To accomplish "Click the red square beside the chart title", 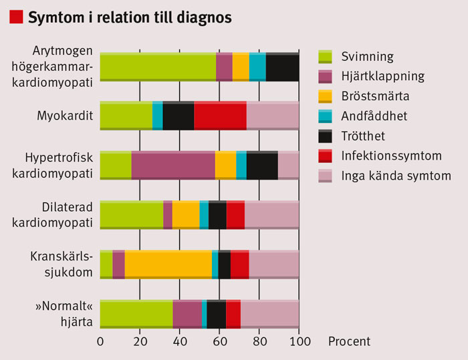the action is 16,17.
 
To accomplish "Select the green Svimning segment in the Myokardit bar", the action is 126,116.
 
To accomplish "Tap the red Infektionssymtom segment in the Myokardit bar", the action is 220,116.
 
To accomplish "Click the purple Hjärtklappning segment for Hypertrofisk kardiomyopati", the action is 173,165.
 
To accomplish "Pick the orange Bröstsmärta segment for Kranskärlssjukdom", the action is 168,264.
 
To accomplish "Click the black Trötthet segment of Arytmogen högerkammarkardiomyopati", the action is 282,67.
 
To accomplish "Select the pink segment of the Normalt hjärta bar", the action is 270,314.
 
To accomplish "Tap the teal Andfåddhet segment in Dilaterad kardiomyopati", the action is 204,215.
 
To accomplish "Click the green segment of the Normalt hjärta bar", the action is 136,314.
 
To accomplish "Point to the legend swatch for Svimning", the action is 325,57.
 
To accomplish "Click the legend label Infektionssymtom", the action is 391,156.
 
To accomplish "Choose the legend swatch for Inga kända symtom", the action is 325,176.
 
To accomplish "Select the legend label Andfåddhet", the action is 374,116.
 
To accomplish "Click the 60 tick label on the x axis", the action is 220,341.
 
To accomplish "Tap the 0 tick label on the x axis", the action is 100,341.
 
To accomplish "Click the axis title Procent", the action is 349,341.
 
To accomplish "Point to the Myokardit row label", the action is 65,116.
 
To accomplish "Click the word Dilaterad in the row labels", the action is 67,207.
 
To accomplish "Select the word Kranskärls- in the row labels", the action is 62,256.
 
